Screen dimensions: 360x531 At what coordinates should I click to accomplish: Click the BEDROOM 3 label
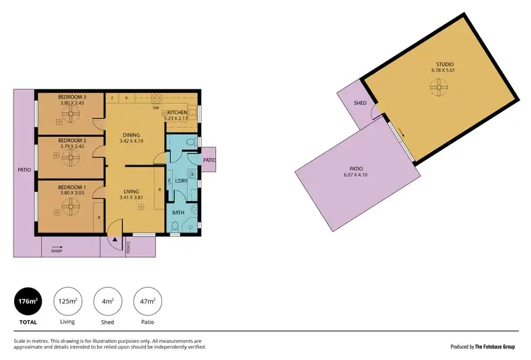coord(72,96)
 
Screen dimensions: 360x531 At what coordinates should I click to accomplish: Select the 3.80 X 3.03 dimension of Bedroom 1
coord(72,192)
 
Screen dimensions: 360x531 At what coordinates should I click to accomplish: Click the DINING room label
coord(131,135)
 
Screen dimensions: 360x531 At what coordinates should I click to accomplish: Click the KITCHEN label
coord(177,113)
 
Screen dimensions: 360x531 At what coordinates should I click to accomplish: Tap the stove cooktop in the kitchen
coord(156,99)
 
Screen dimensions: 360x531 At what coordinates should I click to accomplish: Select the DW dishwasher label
coord(155,108)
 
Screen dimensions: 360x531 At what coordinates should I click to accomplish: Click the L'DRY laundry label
coord(179,181)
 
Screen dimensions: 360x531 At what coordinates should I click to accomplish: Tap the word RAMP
coord(57,250)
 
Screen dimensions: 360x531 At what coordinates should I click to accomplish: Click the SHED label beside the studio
coord(360,103)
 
